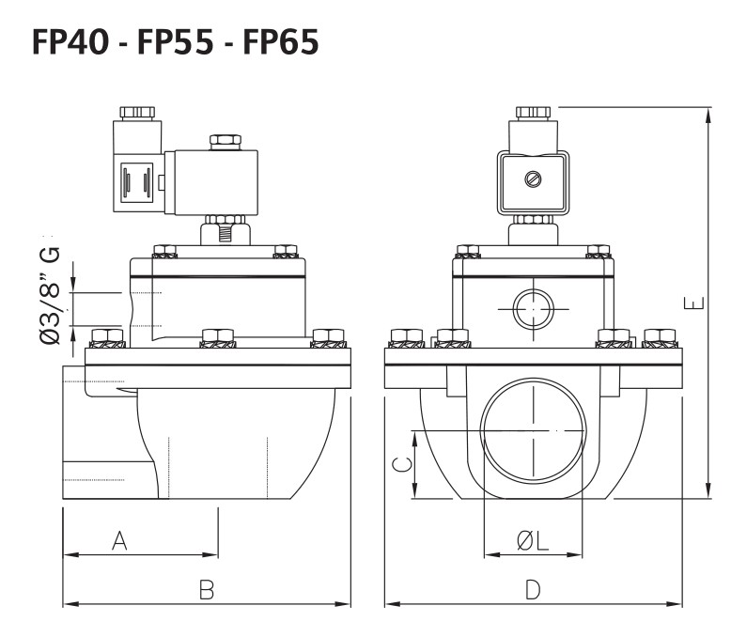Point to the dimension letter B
(x=208, y=589)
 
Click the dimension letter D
(x=532, y=589)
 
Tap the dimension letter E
(x=692, y=303)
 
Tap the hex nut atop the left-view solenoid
(x=224, y=142)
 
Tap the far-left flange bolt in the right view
(x=405, y=336)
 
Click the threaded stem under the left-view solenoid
(x=224, y=228)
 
